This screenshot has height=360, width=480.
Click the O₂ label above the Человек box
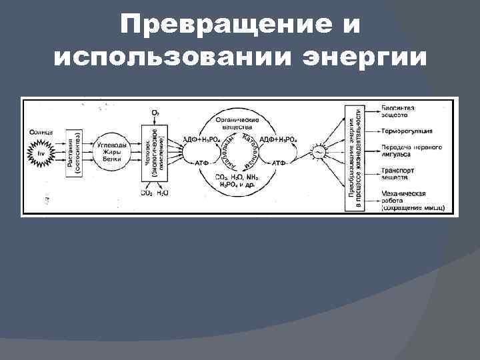pyautogui.click(x=155, y=114)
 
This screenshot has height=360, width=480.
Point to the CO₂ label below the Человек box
pyautogui.click(x=145, y=193)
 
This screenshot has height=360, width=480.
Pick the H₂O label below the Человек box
pyautogui.click(x=162, y=193)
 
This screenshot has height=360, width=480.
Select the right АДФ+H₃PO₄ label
pyautogui.click(x=277, y=139)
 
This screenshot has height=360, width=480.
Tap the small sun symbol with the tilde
pyautogui.click(x=318, y=153)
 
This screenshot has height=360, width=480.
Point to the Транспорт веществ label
pyautogui.click(x=399, y=174)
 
